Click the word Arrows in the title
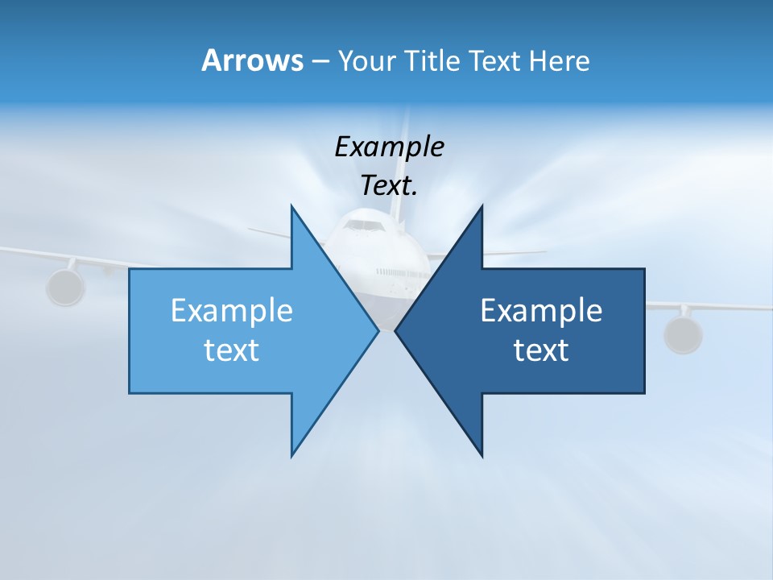pyautogui.click(x=251, y=60)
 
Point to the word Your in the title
pyautogui.click(x=367, y=61)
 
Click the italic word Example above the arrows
pyautogui.click(x=389, y=147)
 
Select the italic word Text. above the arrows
pyautogui.click(x=389, y=186)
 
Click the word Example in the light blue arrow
pyautogui.click(x=232, y=311)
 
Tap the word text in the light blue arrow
pyautogui.click(x=232, y=350)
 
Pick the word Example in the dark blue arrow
pyautogui.click(x=541, y=311)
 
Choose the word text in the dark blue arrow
pyautogui.click(x=541, y=350)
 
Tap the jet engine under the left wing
pyautogui.click(x=65, y=288)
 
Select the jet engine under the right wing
pyautogui.click(x=683, y=333)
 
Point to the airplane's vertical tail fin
pyautogui.click(x=400, y=161)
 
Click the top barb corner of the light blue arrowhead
pyautogui.click(x=291, y=206)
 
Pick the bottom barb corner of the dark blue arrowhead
pyautogui.click(x=482, y=456)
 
